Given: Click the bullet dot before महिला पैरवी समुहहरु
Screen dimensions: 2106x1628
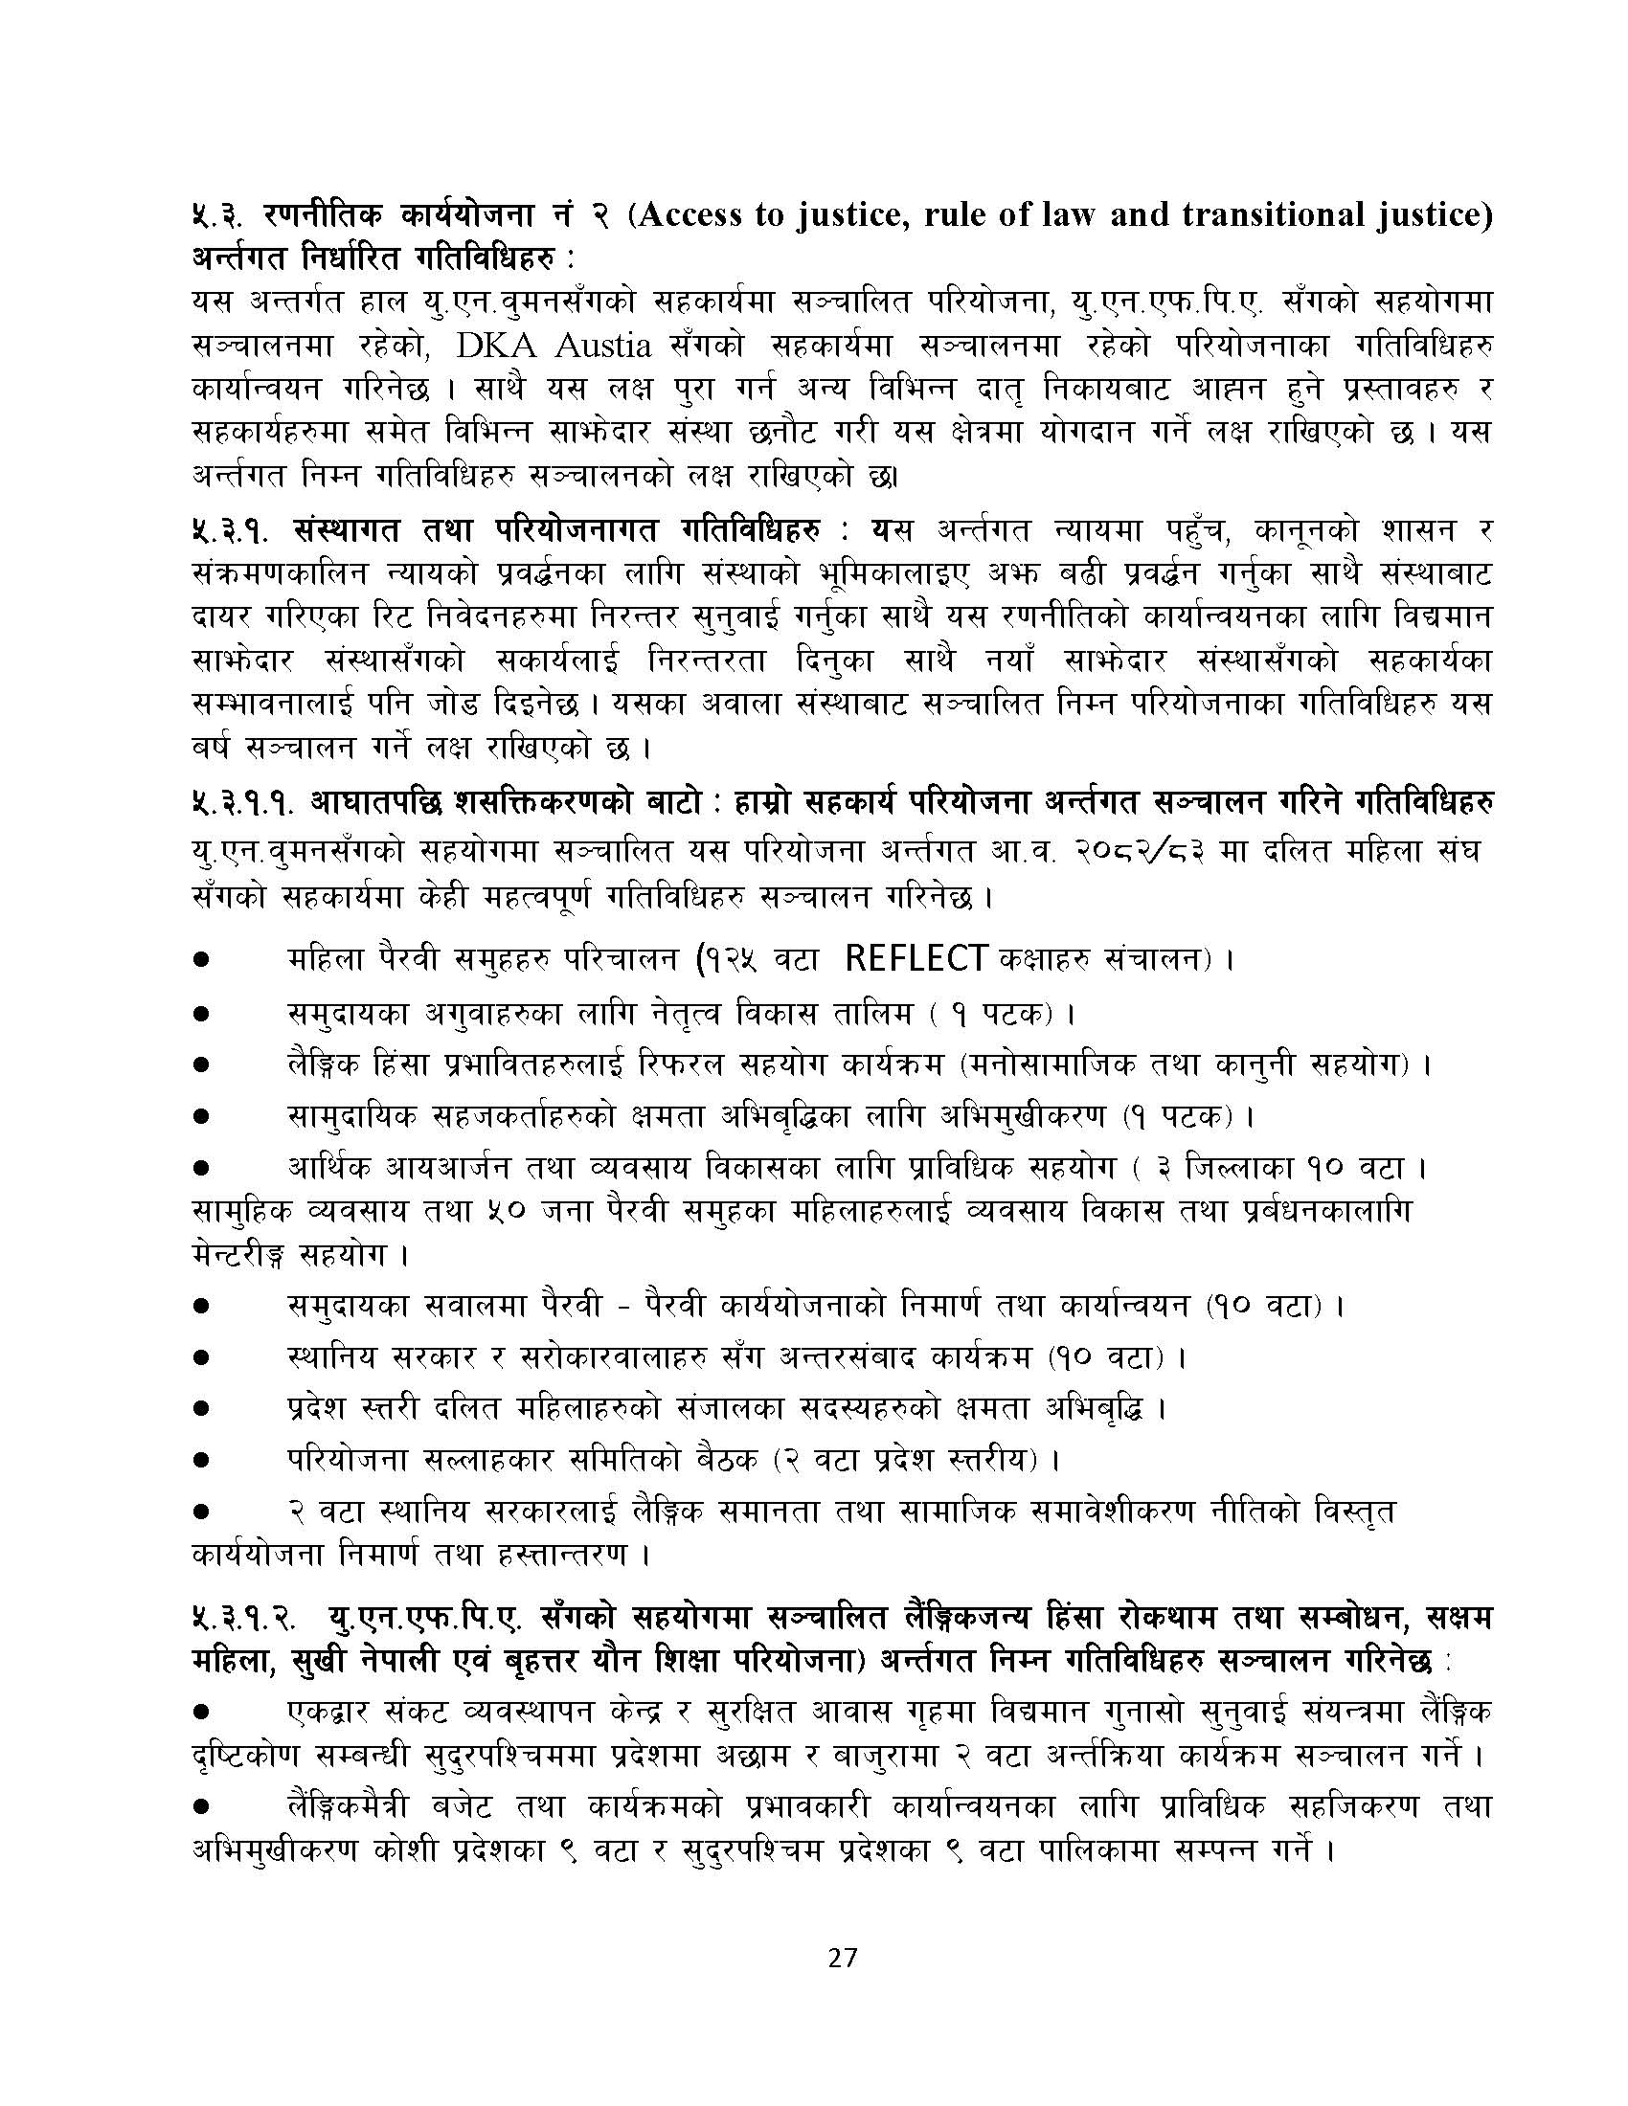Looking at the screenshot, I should coord(201,961).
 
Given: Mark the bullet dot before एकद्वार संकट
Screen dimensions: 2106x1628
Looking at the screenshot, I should coord(201,1712).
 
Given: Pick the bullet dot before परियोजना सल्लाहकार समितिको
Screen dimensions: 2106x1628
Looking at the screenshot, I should coord(201,1461).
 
